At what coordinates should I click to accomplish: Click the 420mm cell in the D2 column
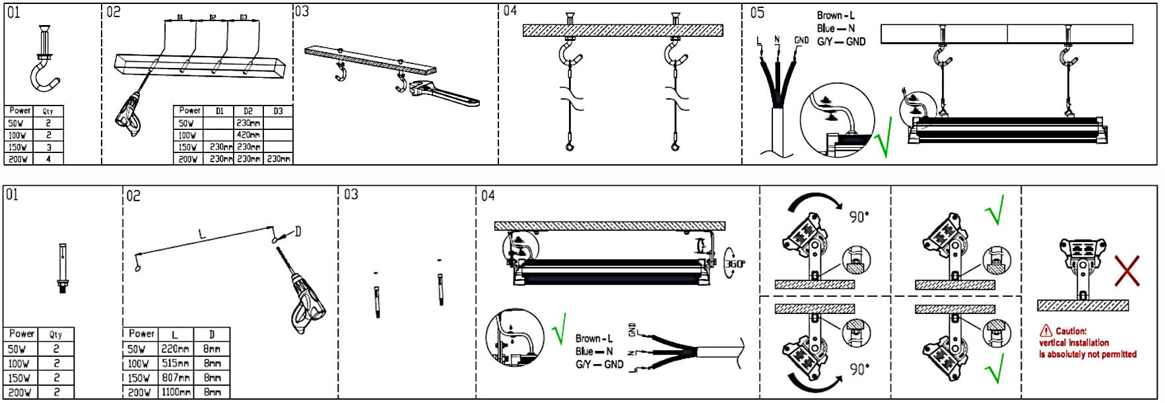click(x=248, y=135)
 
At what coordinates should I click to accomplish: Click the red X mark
click(x=1127, y=271)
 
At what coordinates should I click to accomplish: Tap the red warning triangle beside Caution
click(x=1046, y=330)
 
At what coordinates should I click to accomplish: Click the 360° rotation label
click(x=735, y=264)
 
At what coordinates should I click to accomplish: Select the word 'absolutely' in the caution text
click(x=1073, y=354)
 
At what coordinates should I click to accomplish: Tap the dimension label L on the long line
click(x=203, y=235)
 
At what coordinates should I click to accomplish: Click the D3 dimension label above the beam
click(x=244, y=18)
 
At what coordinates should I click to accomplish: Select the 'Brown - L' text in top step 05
click(x=836, y=15)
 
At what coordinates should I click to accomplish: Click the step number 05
click(x=757, y=13)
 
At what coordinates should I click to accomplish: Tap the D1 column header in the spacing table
click(x=219, y=111)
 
